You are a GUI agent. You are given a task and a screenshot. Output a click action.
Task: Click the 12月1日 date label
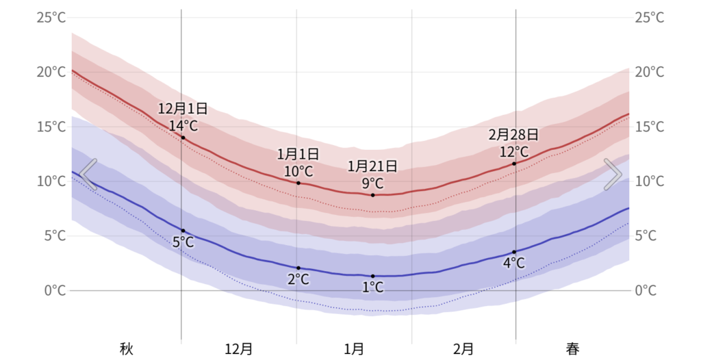[183, 109]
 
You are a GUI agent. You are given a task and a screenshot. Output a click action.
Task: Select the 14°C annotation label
[183, 125]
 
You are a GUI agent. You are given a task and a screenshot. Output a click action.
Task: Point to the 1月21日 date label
[372, 166]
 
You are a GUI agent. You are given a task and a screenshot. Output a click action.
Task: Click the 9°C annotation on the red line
[372, 183]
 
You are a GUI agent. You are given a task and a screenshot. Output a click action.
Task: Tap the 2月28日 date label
[513, 134]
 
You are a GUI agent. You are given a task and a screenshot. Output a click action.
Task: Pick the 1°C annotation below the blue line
[372, 287]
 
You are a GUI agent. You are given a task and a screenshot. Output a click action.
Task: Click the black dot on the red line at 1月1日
[298, 183]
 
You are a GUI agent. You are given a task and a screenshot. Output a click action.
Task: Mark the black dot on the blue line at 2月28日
[514, 252]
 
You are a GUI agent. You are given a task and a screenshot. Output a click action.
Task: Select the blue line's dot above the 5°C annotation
[183, 231]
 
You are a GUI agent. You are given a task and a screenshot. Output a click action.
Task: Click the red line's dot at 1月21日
[372, 195]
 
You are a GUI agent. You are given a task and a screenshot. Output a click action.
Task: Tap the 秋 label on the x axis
[126, 349]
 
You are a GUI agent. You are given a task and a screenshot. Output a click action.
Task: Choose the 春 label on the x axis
[572, 349]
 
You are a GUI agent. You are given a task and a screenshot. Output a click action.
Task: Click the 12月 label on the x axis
[239, 349]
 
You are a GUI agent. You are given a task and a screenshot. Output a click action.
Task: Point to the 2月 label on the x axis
[463, 349]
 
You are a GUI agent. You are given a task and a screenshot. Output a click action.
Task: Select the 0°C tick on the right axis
[650, 290]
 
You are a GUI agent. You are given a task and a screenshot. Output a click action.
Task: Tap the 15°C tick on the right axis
[650, 127]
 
